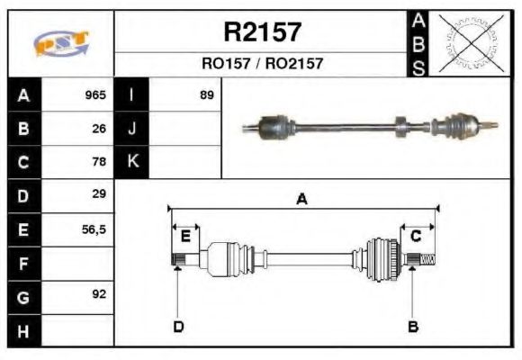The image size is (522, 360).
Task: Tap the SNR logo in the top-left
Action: [x=60, y=43]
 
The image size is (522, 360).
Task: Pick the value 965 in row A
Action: [x=95, y=94]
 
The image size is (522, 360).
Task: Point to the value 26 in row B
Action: [x=99, y=129]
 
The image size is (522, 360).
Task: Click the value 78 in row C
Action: [x=99, y=162]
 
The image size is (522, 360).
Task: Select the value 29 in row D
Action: [x=99, y=194]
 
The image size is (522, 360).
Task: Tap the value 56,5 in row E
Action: [x=94, y=229]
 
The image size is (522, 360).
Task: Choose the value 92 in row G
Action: [x=99, y=294]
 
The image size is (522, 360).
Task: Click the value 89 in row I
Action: [x=206, y=94]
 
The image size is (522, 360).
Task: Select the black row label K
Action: [x=132, y=162]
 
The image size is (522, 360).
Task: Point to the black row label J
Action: [x=132, y=129]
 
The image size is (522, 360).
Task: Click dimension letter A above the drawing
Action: [x=302, y=200]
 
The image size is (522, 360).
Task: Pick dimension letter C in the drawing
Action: [x=417, y=236]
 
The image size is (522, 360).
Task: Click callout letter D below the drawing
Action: [x=178, y=326]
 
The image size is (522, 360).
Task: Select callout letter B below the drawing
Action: [x=413, y=326]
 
